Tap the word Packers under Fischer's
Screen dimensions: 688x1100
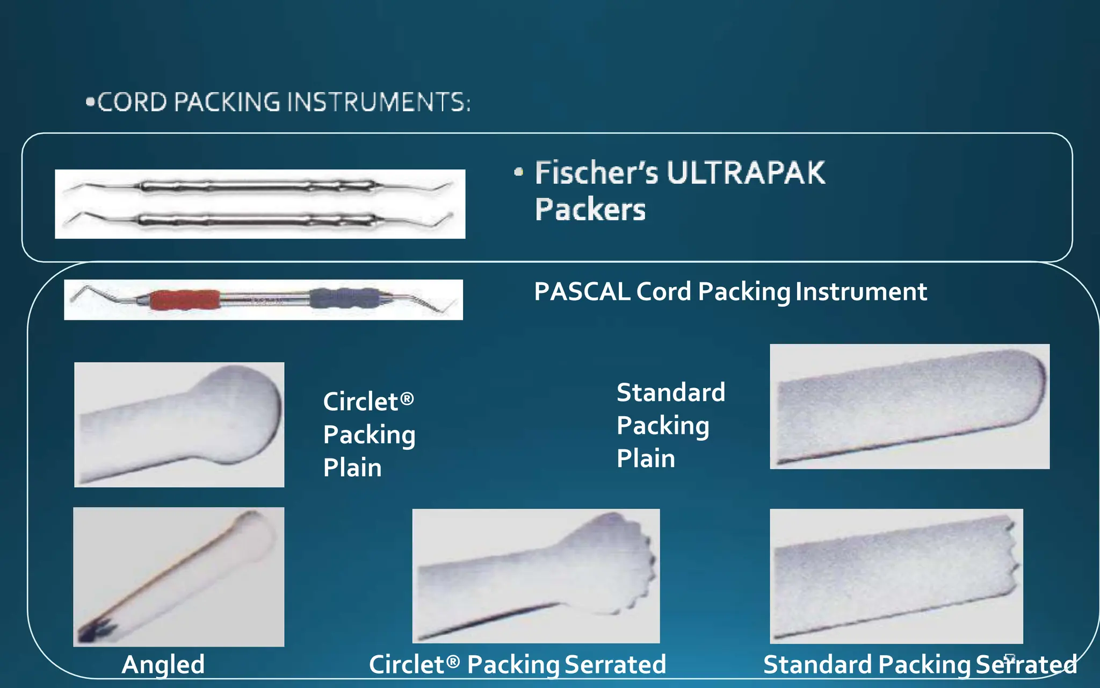[x=590, y=210]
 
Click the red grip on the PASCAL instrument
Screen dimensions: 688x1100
[x=184, y=299]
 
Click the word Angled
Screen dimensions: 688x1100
[x=163, y=664]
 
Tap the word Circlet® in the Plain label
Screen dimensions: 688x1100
[x=368, y=402]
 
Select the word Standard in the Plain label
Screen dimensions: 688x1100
[x=670, y=392]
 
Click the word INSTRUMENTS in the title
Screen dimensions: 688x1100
[x=379, y=102]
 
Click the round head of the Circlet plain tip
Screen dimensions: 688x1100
[x=239, y=411]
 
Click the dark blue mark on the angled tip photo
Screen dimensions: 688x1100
[x=97, y=630]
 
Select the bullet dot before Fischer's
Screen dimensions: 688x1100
[x=518, y=172]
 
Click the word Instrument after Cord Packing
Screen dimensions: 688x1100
[x=861, y=292]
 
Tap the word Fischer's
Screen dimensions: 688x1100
[x=596, y=173]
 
